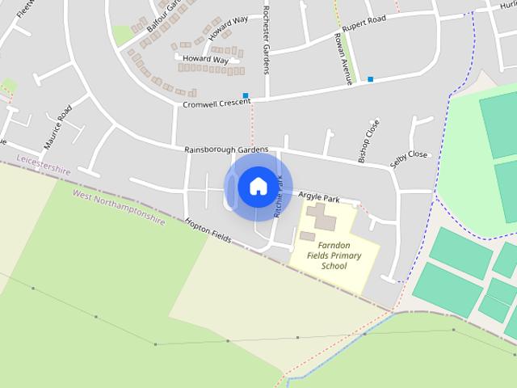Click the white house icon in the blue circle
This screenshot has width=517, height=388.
pyautogui.click(x=258, y=186)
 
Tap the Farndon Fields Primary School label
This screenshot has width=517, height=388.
pyautogui.click(x=334, y=255)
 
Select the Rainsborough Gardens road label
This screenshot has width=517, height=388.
pyautogui.click(x=225, y=150)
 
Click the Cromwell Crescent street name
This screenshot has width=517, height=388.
pyautogui.click(x=216, y=103)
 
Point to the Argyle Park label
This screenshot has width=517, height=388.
pyautogui.click(x=318, y=196)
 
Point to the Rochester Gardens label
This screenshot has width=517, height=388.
pyautogui.click(x=266, y=40)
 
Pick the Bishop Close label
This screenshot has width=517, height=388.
pyautogui.click(x=368, y=140)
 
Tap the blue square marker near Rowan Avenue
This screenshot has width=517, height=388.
pyautogui.click(x=371, y=79)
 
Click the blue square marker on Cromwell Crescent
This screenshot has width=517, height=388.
pyautogui.click(x=245, y=95)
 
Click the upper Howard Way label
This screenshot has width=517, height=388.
pyautogui.click(x=228, y=28)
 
